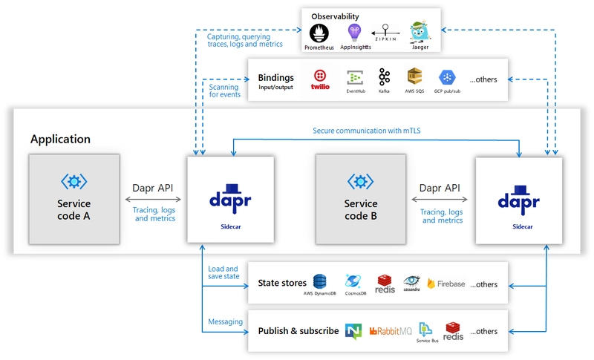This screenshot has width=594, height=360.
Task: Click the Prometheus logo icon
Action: click(x=319, y=33)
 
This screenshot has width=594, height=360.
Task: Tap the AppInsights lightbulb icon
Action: click(x=355, y=33)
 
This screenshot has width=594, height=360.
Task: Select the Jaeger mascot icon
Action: click(x=420, y=31)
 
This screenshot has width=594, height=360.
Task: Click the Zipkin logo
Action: click(x=385, y=33)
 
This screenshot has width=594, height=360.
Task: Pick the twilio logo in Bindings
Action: click(x=320, y=80)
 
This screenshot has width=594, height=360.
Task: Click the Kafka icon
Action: click(x=384, y=77)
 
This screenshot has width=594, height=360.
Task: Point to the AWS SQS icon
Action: click(x=414, y=77)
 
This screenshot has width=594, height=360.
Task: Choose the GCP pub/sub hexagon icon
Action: click(x=447, y=78)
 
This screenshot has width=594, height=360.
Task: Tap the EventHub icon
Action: click(x=356, y=78)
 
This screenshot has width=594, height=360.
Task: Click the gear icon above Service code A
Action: click(x=74, y=182)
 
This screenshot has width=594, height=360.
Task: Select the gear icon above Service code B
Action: click(x=361, y=182)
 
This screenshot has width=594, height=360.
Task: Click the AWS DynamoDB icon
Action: click(x=320, y=281)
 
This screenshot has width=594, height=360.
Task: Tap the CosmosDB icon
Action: click(x=353, y=281)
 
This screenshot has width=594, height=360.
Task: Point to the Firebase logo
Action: click(x=446, y=284)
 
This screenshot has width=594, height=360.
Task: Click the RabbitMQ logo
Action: click(x=391, y=331)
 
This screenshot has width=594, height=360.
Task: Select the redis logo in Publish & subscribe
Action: click(x=453, y=331)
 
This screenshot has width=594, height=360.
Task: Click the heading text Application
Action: click(x=61, y=140)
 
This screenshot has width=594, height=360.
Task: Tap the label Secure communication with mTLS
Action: click(x=367, y=131)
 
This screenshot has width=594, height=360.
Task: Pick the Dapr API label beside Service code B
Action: click(x=440, y=188)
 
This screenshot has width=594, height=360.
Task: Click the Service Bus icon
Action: click(x=425, y=330)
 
